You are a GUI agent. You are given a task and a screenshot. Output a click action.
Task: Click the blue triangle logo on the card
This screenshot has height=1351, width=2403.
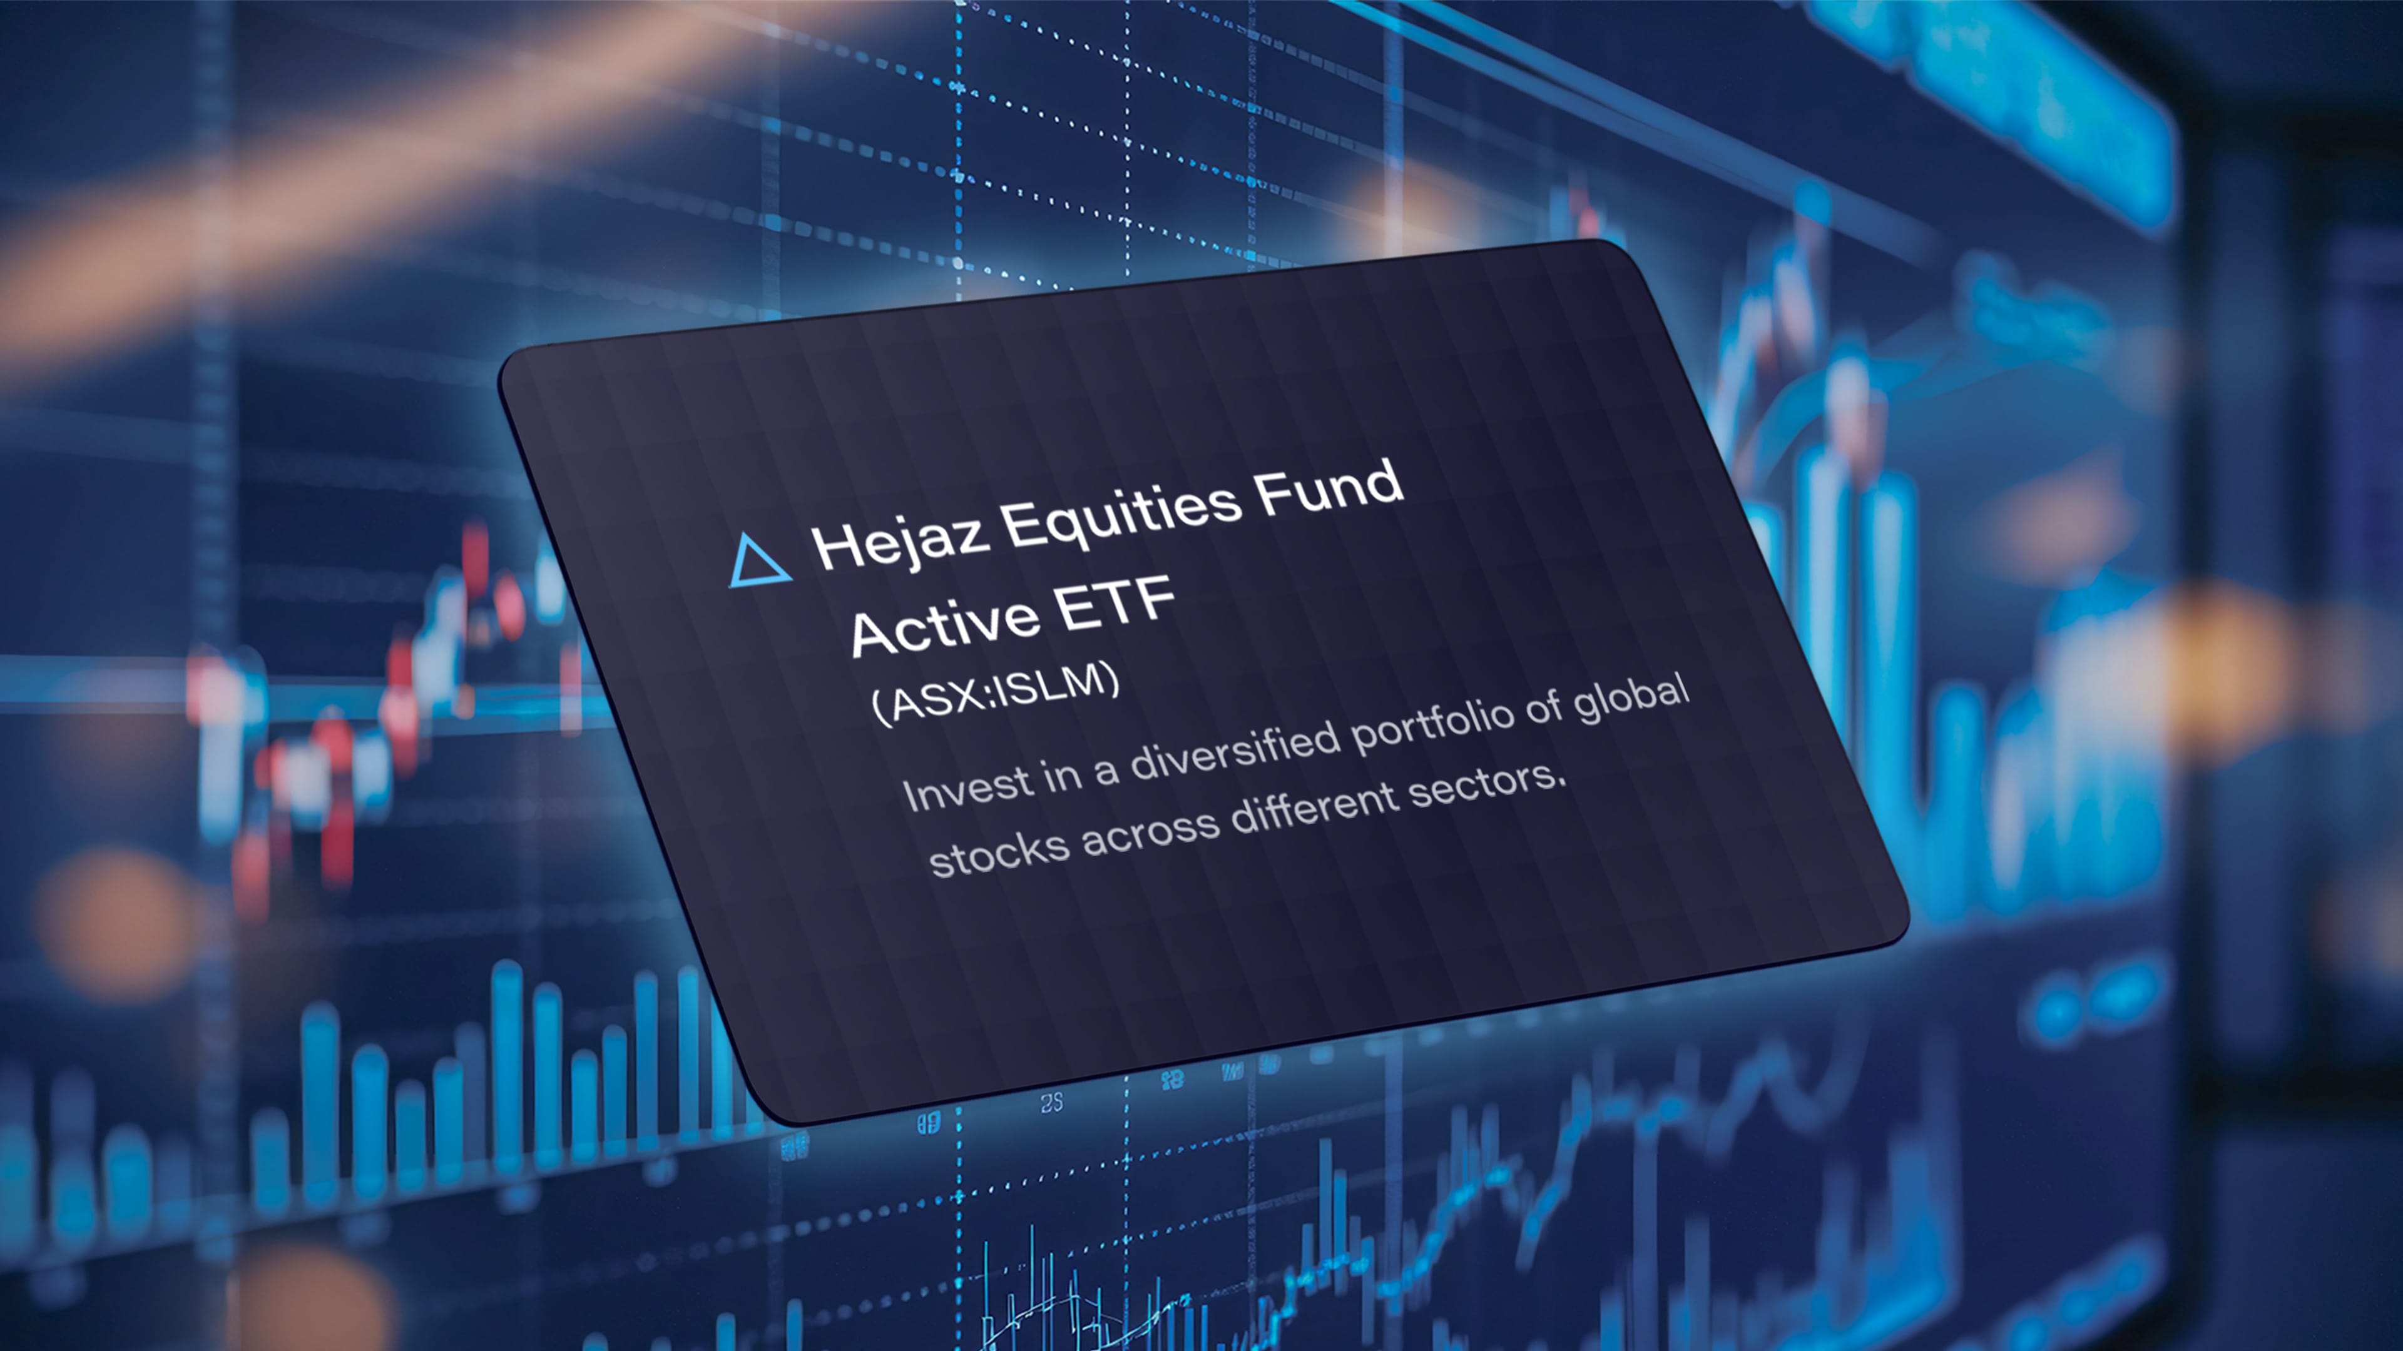click(758, 562)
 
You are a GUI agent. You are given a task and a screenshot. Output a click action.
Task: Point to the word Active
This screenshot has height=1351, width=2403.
click(945, 624)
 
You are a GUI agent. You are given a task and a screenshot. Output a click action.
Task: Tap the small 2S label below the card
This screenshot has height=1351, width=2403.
click(1051, 1103)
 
